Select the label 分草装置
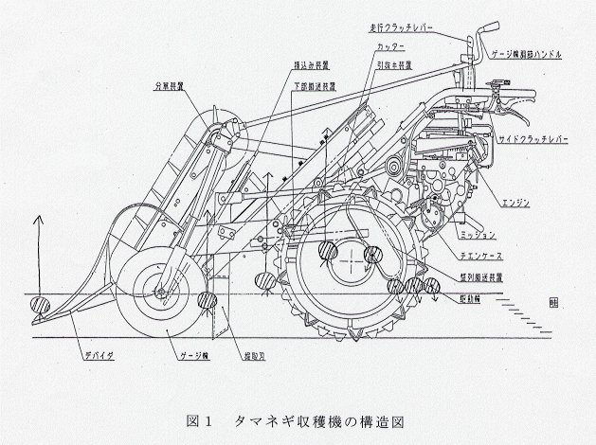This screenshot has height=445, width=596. pos(170,85)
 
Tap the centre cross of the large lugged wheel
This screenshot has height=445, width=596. pos(351,257)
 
